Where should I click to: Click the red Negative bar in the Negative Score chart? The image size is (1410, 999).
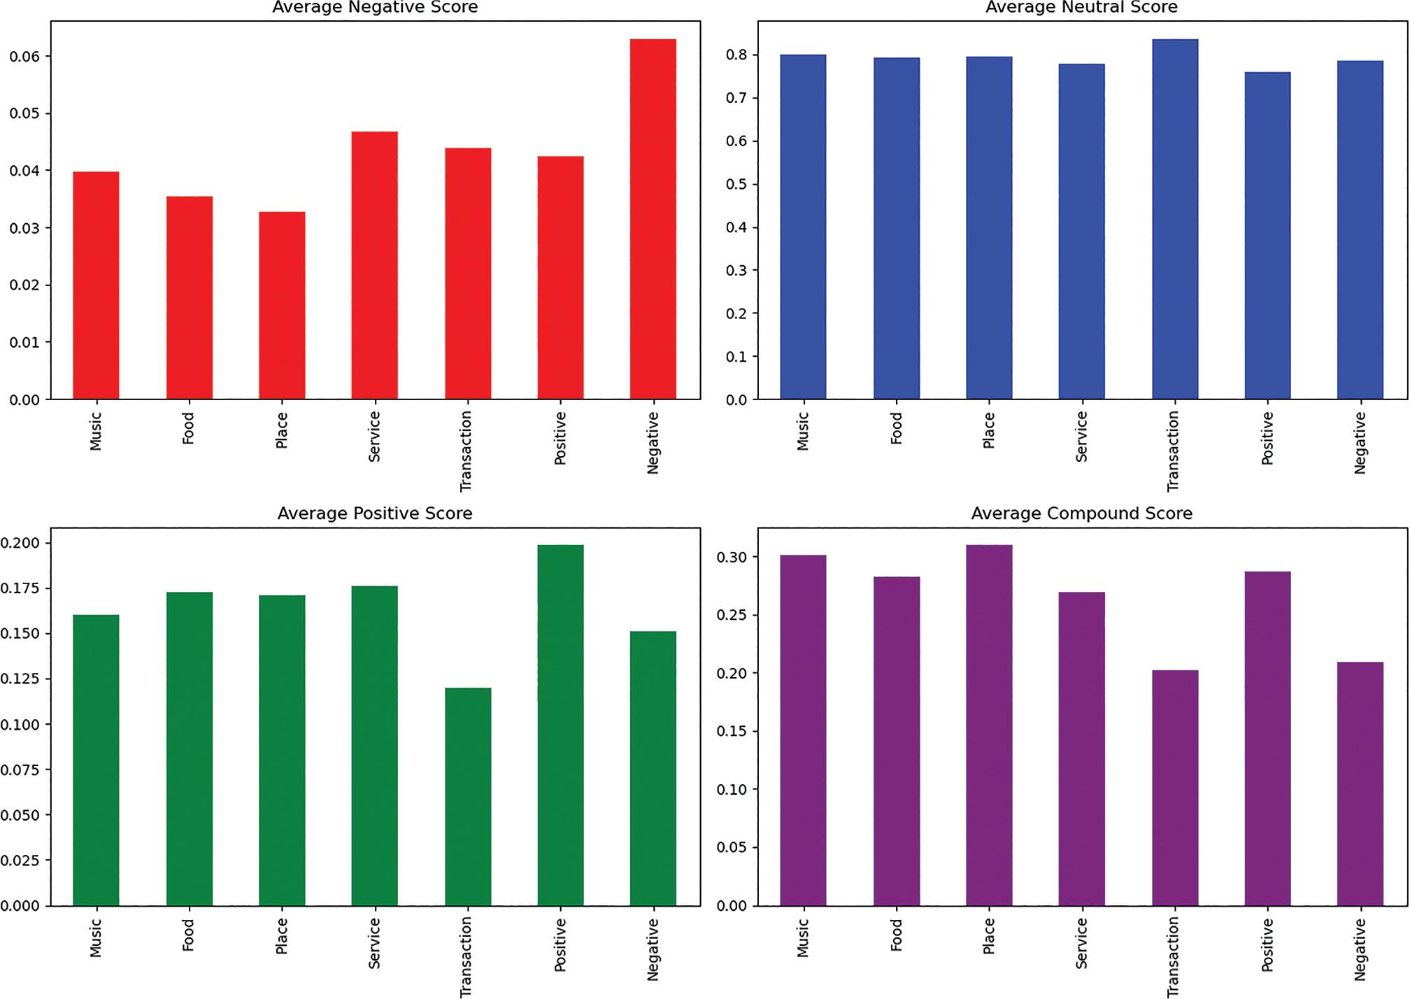pyautogui.click(x=653, y=219)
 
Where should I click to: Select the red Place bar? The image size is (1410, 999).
pyautogui.click(x=282, y=305)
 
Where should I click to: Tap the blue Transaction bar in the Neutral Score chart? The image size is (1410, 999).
pyautogui.click(x=1174, y=219)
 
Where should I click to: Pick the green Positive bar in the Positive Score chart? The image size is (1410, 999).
pyautogui.click(x=560, y=725)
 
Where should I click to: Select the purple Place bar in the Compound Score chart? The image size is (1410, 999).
pyautogui.click(x=988, y=725)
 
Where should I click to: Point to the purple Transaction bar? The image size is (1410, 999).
pyautogui.click(x=1174, y=788)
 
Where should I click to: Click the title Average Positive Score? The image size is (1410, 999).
pyautogui.click(x=374, y=513)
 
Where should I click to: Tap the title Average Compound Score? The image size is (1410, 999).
pyautogui.click(x=1081, y=513)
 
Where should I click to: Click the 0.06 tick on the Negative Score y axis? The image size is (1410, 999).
pyautogui.click(x=24, y=56)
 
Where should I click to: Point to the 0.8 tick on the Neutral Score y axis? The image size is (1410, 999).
pyautogui.click(x=736, y=55)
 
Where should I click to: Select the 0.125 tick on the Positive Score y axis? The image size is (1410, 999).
pyautogui.click(x=20, y=679)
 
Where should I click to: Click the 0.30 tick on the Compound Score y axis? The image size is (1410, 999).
pyautogui.click(x=732, y=558)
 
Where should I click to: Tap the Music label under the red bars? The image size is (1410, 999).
pyautogui.click(x=96, y=431)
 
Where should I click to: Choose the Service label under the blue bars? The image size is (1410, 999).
pyautogui.click(x=1081, y=437)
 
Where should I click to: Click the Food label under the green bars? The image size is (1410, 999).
pyautogui.click(x=188, y=935)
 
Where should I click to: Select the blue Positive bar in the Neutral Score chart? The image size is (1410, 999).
pyautogui.click(x=1267, y=236)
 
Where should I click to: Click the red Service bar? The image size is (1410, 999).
pyautogui.click(x=374, y=265)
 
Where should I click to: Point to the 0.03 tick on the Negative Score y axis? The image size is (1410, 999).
pyautogui.click(x=24, y=228)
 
